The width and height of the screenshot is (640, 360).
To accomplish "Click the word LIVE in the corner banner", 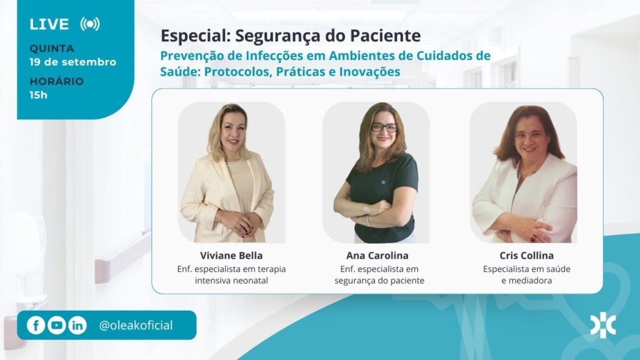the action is (x=49, y=24).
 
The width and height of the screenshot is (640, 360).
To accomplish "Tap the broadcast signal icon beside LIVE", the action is (x=90, y=24).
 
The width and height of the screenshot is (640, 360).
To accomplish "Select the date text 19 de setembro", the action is (x=72, y=62).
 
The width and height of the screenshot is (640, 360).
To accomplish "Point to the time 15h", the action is (x=38, y=95).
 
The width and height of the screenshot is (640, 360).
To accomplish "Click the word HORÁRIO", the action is (x=56, y=81).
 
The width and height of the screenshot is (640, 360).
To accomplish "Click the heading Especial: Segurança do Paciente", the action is (x=291, y=36).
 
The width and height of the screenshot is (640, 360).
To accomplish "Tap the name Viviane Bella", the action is (x=231, y=256).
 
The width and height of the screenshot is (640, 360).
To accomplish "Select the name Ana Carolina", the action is (x=377, y=256).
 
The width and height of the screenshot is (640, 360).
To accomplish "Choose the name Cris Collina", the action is (x=526, y=256).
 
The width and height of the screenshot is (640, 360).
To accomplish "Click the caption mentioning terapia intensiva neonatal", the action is (x=231, y=275).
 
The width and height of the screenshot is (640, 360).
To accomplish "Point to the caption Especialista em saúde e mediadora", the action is (x=526, y=275).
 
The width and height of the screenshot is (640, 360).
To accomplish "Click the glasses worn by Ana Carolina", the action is (x=384, y=127).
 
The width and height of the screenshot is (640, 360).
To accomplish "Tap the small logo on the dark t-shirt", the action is (x=383, y=182).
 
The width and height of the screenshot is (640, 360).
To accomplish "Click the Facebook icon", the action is (x=36, y=325).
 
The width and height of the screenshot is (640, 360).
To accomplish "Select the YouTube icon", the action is (x=57, y=325).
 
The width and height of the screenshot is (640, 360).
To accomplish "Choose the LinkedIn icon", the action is (x=77, y=325).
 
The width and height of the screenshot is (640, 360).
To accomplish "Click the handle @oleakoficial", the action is (x=136, y=325).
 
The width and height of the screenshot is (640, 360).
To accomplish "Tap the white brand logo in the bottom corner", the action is (x=603, y=325).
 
